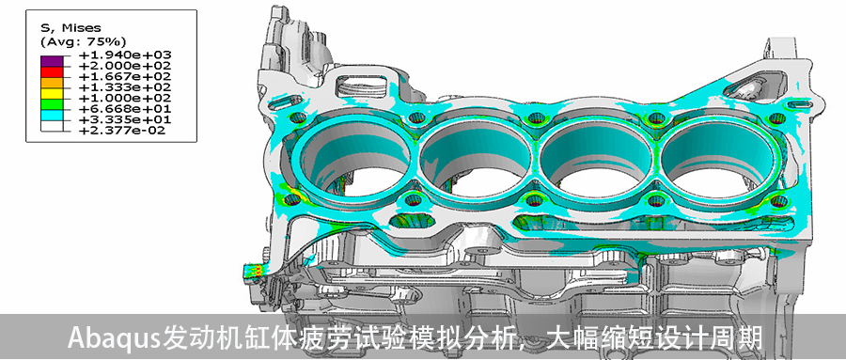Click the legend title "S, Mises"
[70, 28]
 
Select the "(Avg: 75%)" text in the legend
[83, 41]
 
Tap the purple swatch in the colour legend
[52, 60]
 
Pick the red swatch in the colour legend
[52, 70]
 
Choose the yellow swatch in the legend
[52, 92]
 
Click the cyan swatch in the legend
[52, 114]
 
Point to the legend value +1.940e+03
[125, 55]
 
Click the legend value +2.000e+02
[125, 65]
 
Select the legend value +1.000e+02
[125, 98]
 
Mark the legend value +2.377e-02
[122, 130]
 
